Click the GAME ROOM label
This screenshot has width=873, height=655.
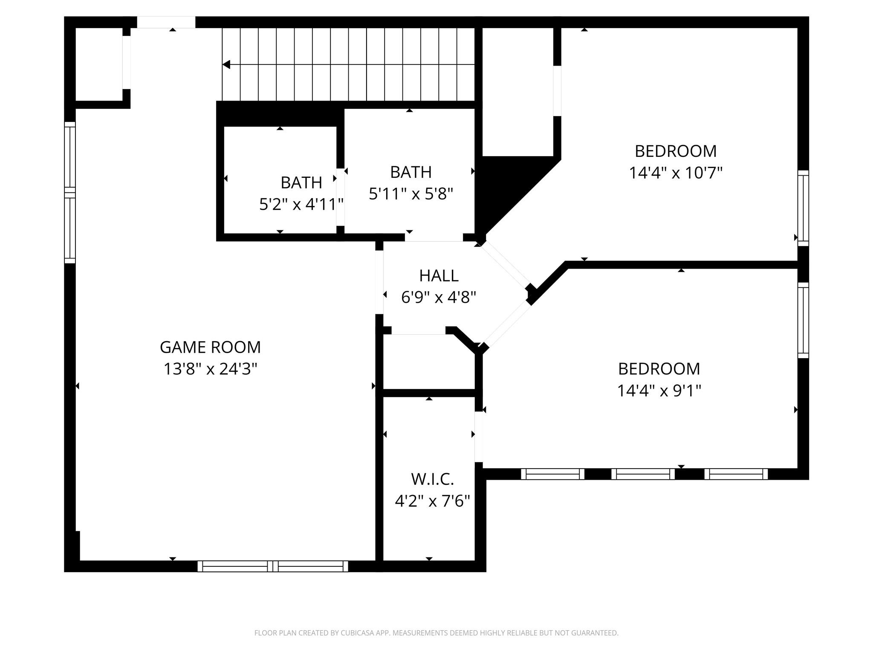coord(210,347)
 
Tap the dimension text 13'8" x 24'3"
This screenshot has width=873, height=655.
coord(210,369)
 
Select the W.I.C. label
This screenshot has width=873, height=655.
coord(432,479)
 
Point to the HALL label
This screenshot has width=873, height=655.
coord(439,276)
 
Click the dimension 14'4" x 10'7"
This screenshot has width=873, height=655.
coord(676,173)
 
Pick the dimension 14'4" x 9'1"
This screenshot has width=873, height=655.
coord(659,391)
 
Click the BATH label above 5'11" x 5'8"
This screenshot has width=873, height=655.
coord(410,172)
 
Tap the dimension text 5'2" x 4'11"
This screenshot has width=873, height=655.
coord(301,205)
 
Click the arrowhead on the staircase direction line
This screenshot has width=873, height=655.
coord(226,64)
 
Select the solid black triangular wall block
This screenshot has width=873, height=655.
coord(501,188)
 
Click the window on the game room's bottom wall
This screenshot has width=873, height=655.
coord(273,566)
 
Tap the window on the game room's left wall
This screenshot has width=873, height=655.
coord(70,192)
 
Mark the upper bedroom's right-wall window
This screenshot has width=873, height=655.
coord(803,208)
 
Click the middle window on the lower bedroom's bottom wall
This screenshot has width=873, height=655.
coord(643,474)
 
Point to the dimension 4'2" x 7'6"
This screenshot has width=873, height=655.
coord(432,501)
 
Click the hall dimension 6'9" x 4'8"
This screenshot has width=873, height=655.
coord(439,297)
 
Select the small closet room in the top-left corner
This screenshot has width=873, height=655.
coord(99,64)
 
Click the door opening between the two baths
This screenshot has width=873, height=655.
coord(340,197)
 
